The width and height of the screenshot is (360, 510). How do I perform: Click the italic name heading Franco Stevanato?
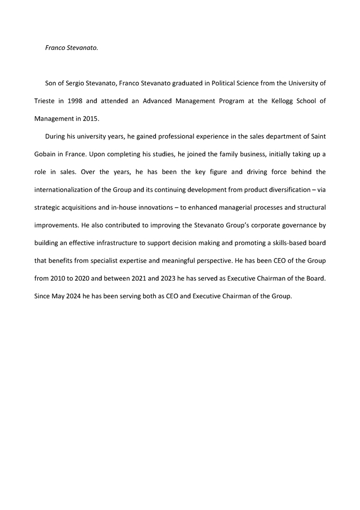click(72, 48)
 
